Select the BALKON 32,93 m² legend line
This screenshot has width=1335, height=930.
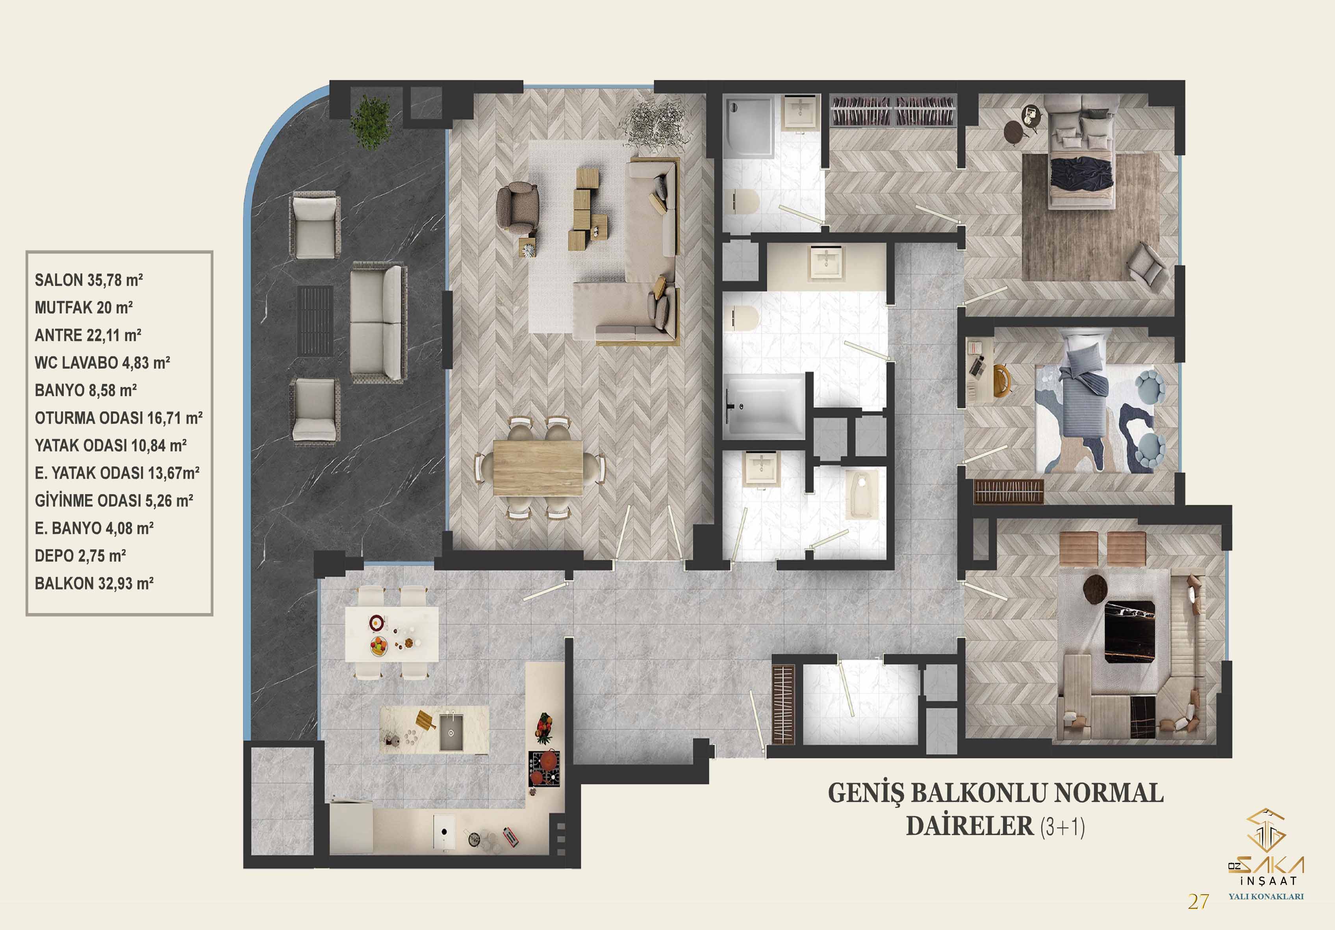[94, 584]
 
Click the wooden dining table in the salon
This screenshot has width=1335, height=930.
[538, 467]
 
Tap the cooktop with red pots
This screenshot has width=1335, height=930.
[544, 769]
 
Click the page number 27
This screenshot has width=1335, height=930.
[1198, 902]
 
